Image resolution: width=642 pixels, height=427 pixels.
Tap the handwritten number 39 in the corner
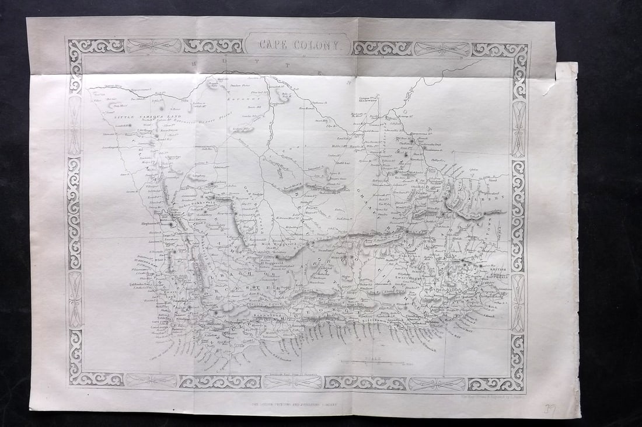coord(549,410)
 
